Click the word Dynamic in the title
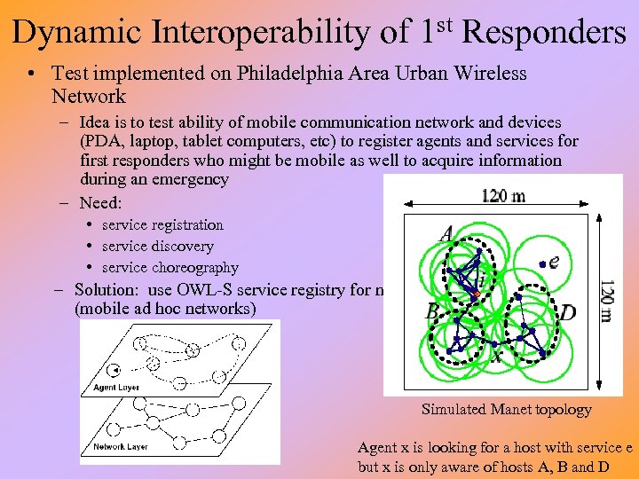[79, 33]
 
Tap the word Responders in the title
[544, 33]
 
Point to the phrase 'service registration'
[162, 225]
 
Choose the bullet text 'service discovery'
[157, 247]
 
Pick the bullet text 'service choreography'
[170, 268]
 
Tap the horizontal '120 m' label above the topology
[502, 196]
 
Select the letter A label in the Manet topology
[446, 234]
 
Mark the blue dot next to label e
[541, 263]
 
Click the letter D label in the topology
[567, 312]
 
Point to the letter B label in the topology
[432, 311]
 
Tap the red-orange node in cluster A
[477, 293]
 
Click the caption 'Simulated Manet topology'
[506, 410]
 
